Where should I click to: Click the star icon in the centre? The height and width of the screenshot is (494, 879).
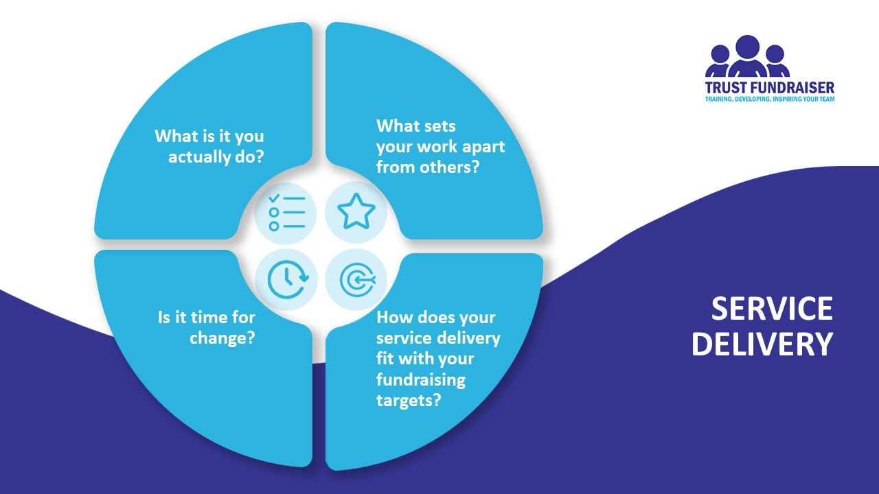(356, 212)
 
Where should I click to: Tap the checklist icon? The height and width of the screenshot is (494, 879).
(287, 212)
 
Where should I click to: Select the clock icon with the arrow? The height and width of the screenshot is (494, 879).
(288, 279)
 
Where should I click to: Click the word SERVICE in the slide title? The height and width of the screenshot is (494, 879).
(772, 309)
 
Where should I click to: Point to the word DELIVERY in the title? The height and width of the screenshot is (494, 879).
(762, 344)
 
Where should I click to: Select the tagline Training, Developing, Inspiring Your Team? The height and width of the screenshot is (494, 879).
(770, 99)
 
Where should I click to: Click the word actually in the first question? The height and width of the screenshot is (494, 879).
(199, 157)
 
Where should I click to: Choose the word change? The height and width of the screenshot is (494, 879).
(222, 338)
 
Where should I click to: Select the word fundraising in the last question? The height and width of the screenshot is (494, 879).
(421, 379)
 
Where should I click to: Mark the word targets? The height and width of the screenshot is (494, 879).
(409, 401)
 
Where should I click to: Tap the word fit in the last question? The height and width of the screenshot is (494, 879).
(385, 358)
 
